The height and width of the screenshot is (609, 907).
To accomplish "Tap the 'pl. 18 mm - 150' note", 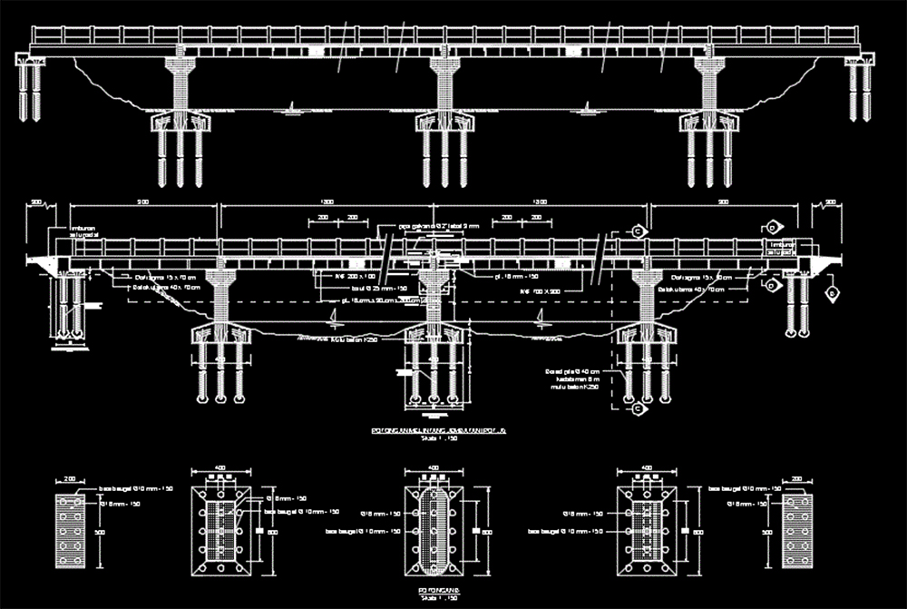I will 517,275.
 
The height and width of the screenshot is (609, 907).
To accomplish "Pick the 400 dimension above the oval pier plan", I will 434,468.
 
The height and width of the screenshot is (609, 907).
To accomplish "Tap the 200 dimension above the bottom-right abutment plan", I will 796,478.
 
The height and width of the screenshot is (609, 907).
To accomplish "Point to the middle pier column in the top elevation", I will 444,87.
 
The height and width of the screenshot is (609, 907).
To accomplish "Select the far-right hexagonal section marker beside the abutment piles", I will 831,294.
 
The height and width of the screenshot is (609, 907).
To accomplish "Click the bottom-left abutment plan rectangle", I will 73,530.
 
